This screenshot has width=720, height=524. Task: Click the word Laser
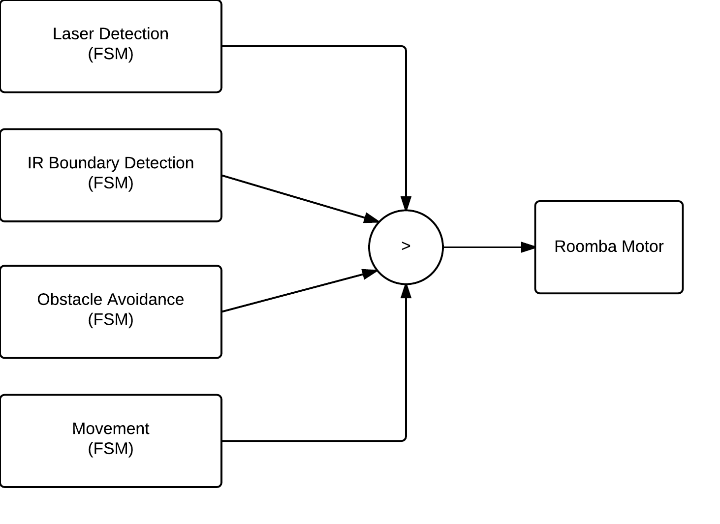(74, 34)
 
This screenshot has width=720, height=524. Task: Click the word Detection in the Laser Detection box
(134, 34)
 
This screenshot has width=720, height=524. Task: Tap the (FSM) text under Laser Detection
(111, 54)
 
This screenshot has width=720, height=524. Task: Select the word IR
(35, 163)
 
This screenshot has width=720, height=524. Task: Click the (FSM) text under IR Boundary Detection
(111, 183)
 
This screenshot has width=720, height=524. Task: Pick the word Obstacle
(70, 300)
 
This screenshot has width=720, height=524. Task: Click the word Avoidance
(146, 300)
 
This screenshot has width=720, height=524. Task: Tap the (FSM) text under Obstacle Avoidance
(111, 320)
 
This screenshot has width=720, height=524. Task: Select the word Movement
(111, 429)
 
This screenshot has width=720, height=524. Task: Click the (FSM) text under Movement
(111, 449)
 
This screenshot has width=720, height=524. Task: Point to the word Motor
(643, 247)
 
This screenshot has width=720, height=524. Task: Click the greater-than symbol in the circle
(406, 247)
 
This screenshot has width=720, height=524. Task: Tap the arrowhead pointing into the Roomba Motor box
(529, 247)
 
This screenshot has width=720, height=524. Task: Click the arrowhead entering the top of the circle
(406, 203)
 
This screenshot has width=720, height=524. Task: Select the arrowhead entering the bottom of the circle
(406, 291)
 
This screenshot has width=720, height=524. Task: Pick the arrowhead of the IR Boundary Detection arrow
(372, 218)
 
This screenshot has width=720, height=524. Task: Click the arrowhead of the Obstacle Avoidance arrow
(370, 274)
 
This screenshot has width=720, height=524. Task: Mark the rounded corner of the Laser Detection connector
(404, 48)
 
